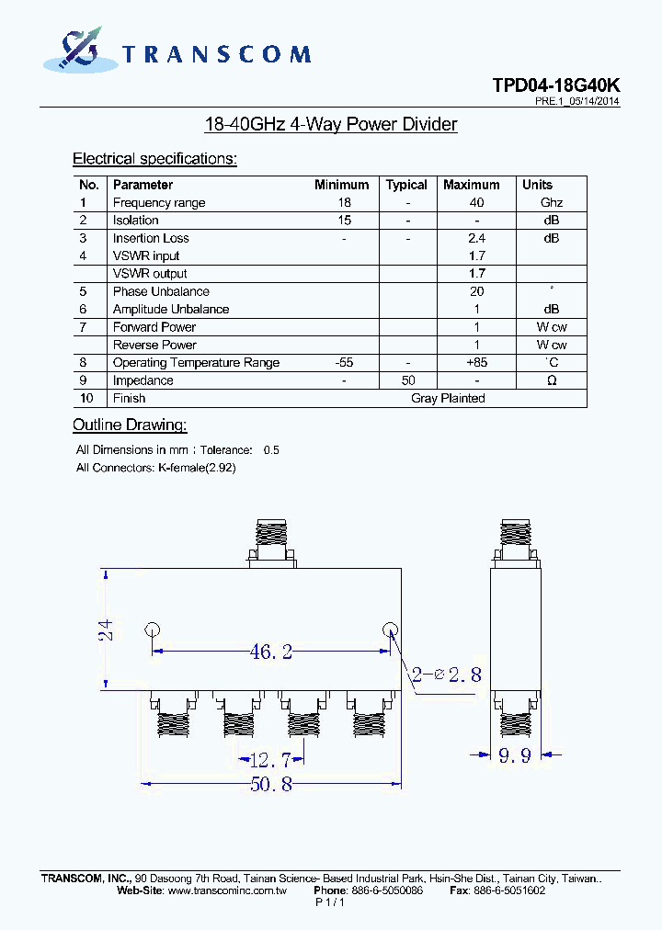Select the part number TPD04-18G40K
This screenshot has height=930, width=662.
[x=555, y=85]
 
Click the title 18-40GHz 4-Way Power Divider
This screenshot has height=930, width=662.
[x=330, y=124]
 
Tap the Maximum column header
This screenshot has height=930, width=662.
[x=471, y=185]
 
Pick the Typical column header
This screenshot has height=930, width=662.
[x=406, y=185]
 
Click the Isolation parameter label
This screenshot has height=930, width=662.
[x=135, y=221]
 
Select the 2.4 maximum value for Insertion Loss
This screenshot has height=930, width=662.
[x=476, y=238]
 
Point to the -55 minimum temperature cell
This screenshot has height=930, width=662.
[x=344, y=363]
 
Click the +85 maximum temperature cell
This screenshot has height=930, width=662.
[x=476, y=363]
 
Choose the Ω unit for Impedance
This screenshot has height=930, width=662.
[x=551, y=380]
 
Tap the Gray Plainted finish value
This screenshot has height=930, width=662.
[x=448, y=398]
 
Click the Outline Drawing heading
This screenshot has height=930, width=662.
[x=130, y=425]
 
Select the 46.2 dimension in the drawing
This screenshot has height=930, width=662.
[x=270, y=652]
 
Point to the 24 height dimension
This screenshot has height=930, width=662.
[x=106, y=629]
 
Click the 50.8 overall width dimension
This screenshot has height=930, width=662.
[x=270, y=784]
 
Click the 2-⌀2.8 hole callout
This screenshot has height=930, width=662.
[x=447, y=675]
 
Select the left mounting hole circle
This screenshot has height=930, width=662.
[x=153, y=630]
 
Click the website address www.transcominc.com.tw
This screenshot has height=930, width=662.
[x=228, y=890]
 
